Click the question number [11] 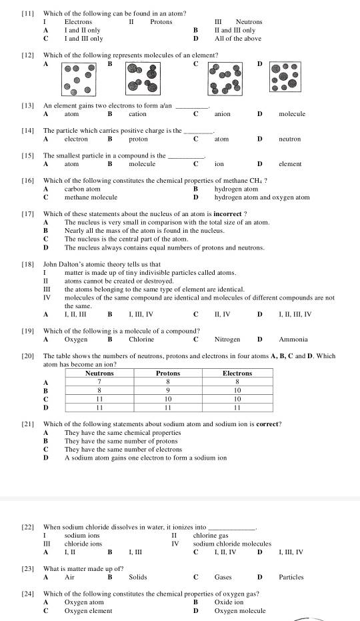tap(27, 13)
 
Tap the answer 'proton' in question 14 tap(138, 139)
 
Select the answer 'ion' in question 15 tap(219, 163)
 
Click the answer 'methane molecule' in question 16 tap(91, 197)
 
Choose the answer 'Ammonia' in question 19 tap(293, 339)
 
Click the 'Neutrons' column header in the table tap(99, 374)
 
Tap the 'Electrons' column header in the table tap(237, 374)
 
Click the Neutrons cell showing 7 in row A tap(99, 382)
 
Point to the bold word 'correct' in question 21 tap(268, 424)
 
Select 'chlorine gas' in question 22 tap(211, 535)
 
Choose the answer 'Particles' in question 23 tap(291, 577)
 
